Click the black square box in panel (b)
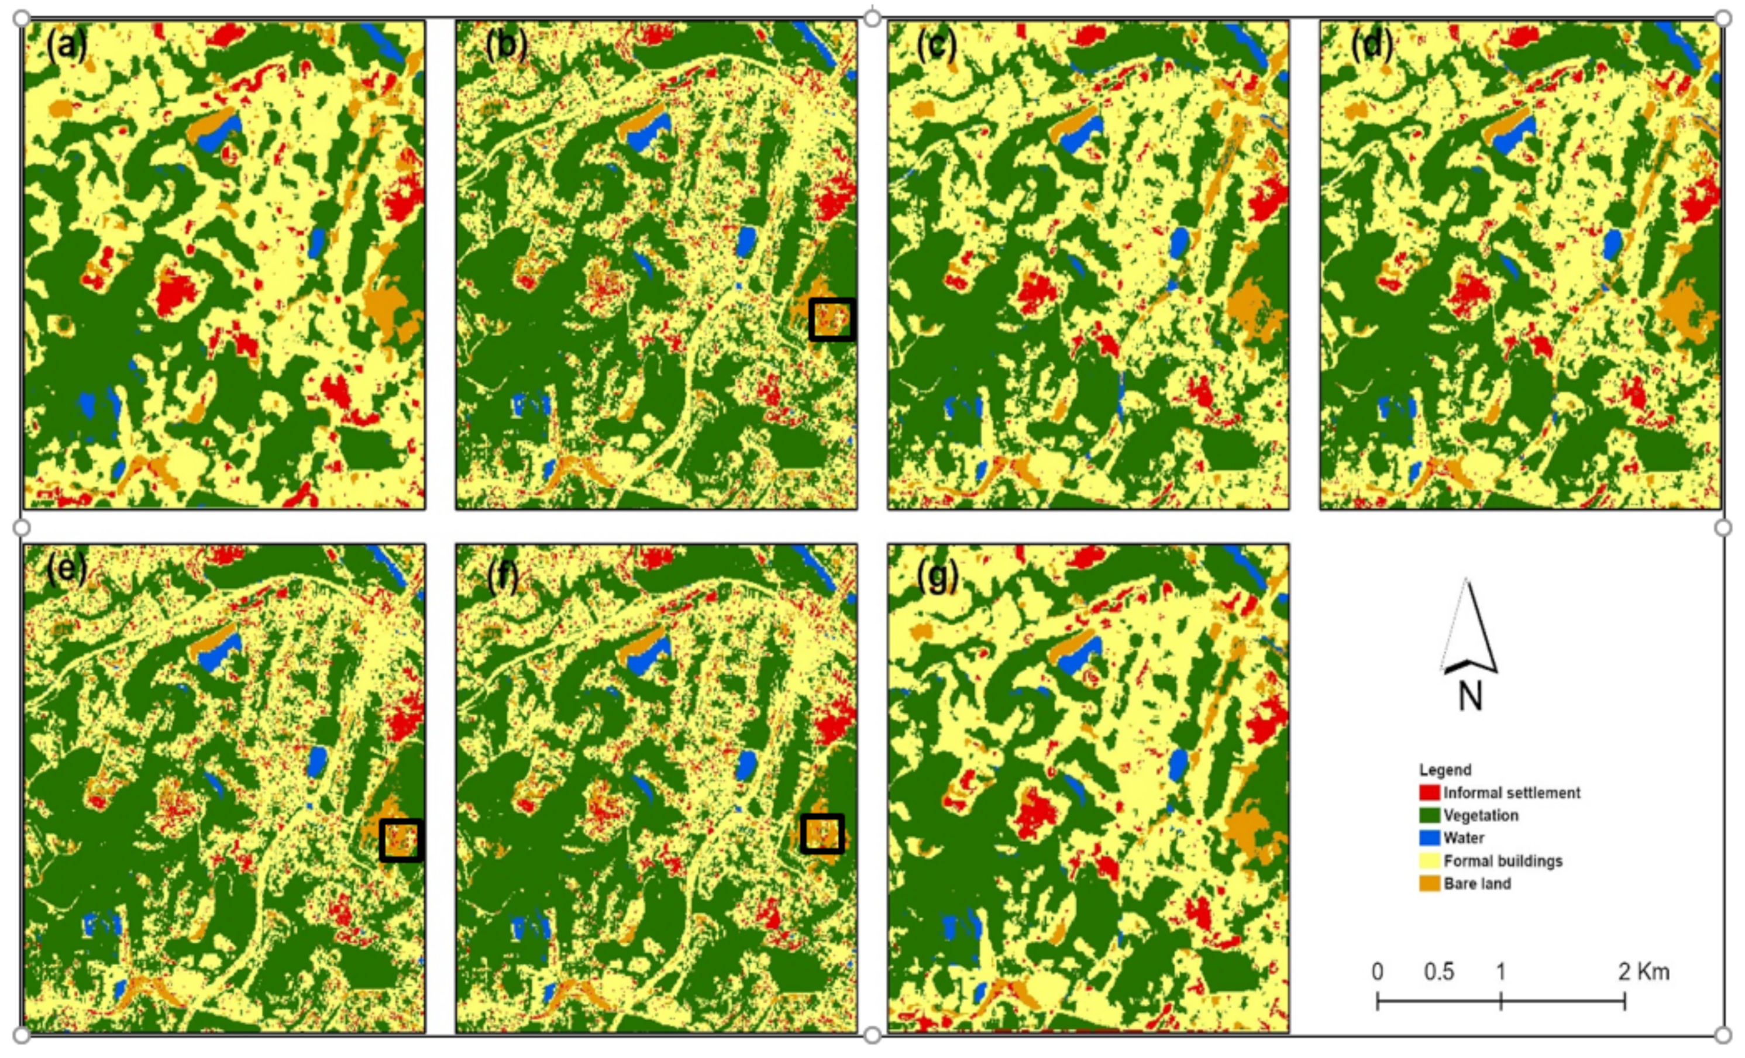click(x=832, y=319)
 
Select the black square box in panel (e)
click(x=401, y=840)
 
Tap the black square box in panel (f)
click(x=822, y=833)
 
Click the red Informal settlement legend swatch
click(x=1429, y=792)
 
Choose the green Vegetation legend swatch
click(x=1429, y=815)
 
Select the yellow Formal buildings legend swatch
click(x=1429, y=861)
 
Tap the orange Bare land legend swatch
click(x=1429, y=884)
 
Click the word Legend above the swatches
click(x=1445, y=770)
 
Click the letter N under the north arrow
click(x=1470, y=697)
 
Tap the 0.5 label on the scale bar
click(x=1439, y=971)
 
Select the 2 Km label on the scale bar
click(x=1643, y=971)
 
